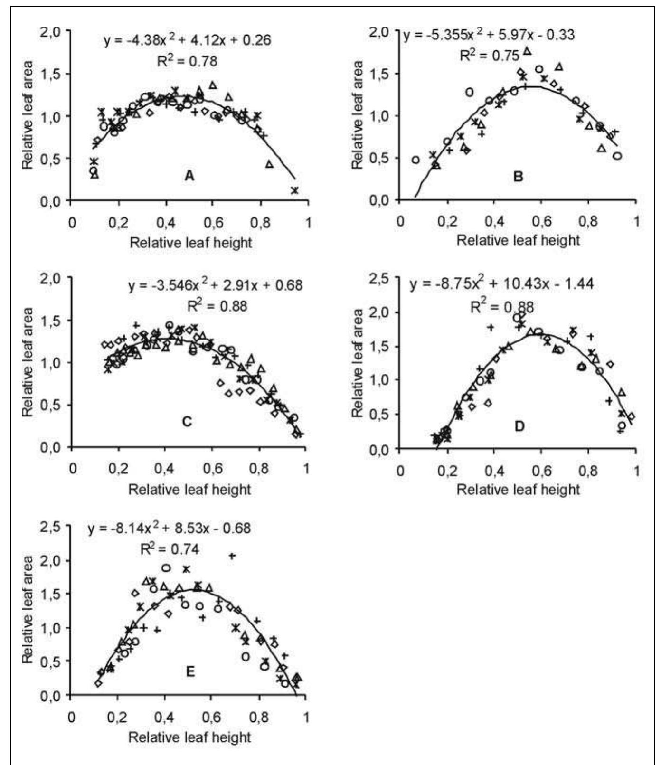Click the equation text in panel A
187,39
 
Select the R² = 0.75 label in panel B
489,56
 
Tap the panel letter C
187,422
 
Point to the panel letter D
519,426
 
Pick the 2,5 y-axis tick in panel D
378,279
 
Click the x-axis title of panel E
189,737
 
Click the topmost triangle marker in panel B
527,51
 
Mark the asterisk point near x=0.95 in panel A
294,190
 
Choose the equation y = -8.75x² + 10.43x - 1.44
501,284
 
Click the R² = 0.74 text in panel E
170,549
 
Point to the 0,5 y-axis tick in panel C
50,405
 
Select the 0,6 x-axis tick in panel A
213,222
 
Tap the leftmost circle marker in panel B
415,160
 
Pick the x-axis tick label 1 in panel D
636,470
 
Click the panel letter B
518,177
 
